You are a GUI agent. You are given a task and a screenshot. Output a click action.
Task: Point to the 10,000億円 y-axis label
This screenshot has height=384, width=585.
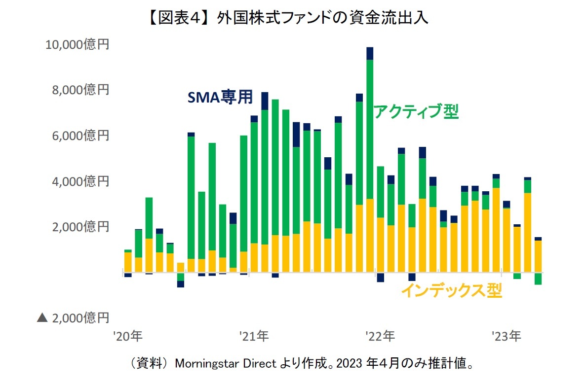pos(77,45)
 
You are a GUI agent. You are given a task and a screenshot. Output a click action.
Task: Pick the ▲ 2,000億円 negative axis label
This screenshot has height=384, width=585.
pos(73,318)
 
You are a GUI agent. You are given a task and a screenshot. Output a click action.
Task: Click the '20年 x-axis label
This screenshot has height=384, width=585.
pos(127,337)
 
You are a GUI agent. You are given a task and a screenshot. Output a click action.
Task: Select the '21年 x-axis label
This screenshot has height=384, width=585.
pos(254,337)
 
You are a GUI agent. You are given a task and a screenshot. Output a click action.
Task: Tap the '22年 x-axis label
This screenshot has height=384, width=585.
pos(380,337)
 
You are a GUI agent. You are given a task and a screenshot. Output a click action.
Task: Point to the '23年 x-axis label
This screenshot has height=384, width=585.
pos(506,337)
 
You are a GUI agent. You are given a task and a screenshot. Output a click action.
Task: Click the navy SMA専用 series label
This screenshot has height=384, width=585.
pos(220,97)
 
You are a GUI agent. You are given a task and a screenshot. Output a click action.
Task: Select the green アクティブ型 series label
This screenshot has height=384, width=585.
pos(416,112)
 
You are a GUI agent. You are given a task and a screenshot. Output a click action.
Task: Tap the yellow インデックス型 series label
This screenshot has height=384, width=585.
pos(451,291)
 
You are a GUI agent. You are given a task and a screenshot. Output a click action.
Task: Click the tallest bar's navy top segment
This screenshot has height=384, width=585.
pos(370,53)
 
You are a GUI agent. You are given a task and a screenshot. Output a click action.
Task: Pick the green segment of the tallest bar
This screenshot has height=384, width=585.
pos(370,128)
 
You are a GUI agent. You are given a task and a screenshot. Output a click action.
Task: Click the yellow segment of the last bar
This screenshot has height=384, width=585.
pos(538,256)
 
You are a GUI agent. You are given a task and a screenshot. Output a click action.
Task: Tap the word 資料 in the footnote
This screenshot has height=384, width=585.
pos(143,364)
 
